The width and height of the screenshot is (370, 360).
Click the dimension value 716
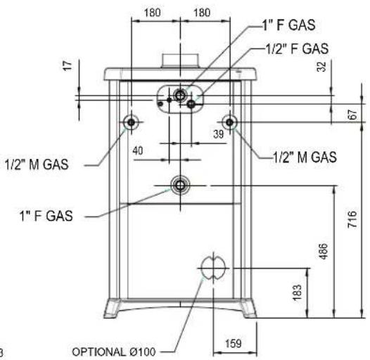352,219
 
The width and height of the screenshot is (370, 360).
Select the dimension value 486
324,252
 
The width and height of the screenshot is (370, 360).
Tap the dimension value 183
297,292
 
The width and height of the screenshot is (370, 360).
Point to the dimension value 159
234,344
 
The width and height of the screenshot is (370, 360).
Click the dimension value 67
353,115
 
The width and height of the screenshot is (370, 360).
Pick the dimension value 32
321,67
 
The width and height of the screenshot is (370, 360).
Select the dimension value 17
68,65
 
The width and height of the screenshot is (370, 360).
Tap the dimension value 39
218,134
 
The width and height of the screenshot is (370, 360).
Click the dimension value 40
138,150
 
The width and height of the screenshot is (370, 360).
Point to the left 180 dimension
152,12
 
